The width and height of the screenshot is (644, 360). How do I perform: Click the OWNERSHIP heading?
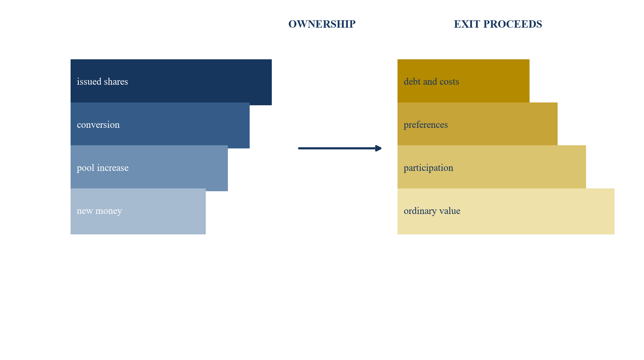(322, 24)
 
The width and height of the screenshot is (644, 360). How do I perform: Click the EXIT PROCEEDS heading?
(498, 24)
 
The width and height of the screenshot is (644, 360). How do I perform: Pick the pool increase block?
(149, 168)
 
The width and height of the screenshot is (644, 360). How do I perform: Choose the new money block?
(138, 211)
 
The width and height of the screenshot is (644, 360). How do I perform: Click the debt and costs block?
(464, 81)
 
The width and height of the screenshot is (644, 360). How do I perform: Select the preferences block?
(478, 124)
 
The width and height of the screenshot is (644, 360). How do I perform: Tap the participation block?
(492, 167)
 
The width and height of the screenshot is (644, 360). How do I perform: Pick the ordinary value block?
(506, 211)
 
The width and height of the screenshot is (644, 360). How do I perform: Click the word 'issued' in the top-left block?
(89, 82)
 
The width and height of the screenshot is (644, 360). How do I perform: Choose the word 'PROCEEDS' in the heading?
(513, 24)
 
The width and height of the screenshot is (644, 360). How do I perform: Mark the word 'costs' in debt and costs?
(449, 82)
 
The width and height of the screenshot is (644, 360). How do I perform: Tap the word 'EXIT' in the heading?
(467, 24)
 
